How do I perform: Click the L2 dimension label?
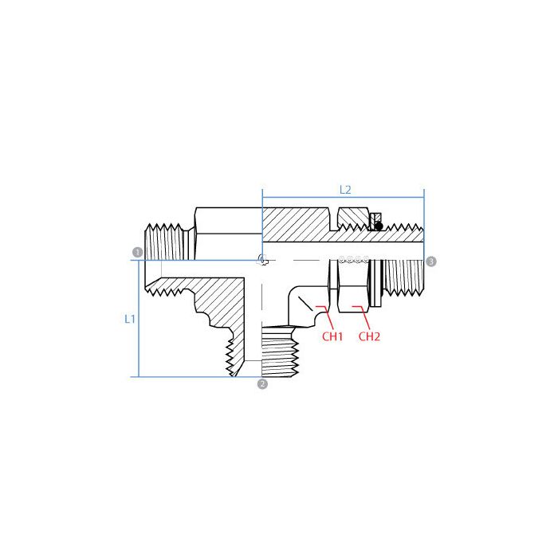345,190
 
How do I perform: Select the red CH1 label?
332,336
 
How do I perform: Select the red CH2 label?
369,336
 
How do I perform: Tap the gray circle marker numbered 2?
262,384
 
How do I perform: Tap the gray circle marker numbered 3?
431,261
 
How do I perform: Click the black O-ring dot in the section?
379,226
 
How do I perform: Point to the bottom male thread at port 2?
281,351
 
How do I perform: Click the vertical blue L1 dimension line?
140,319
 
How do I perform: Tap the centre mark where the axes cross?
262,259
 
